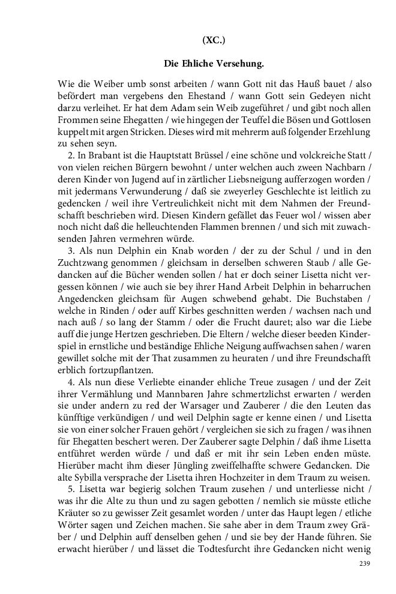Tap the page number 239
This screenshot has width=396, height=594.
click(364, 563)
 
